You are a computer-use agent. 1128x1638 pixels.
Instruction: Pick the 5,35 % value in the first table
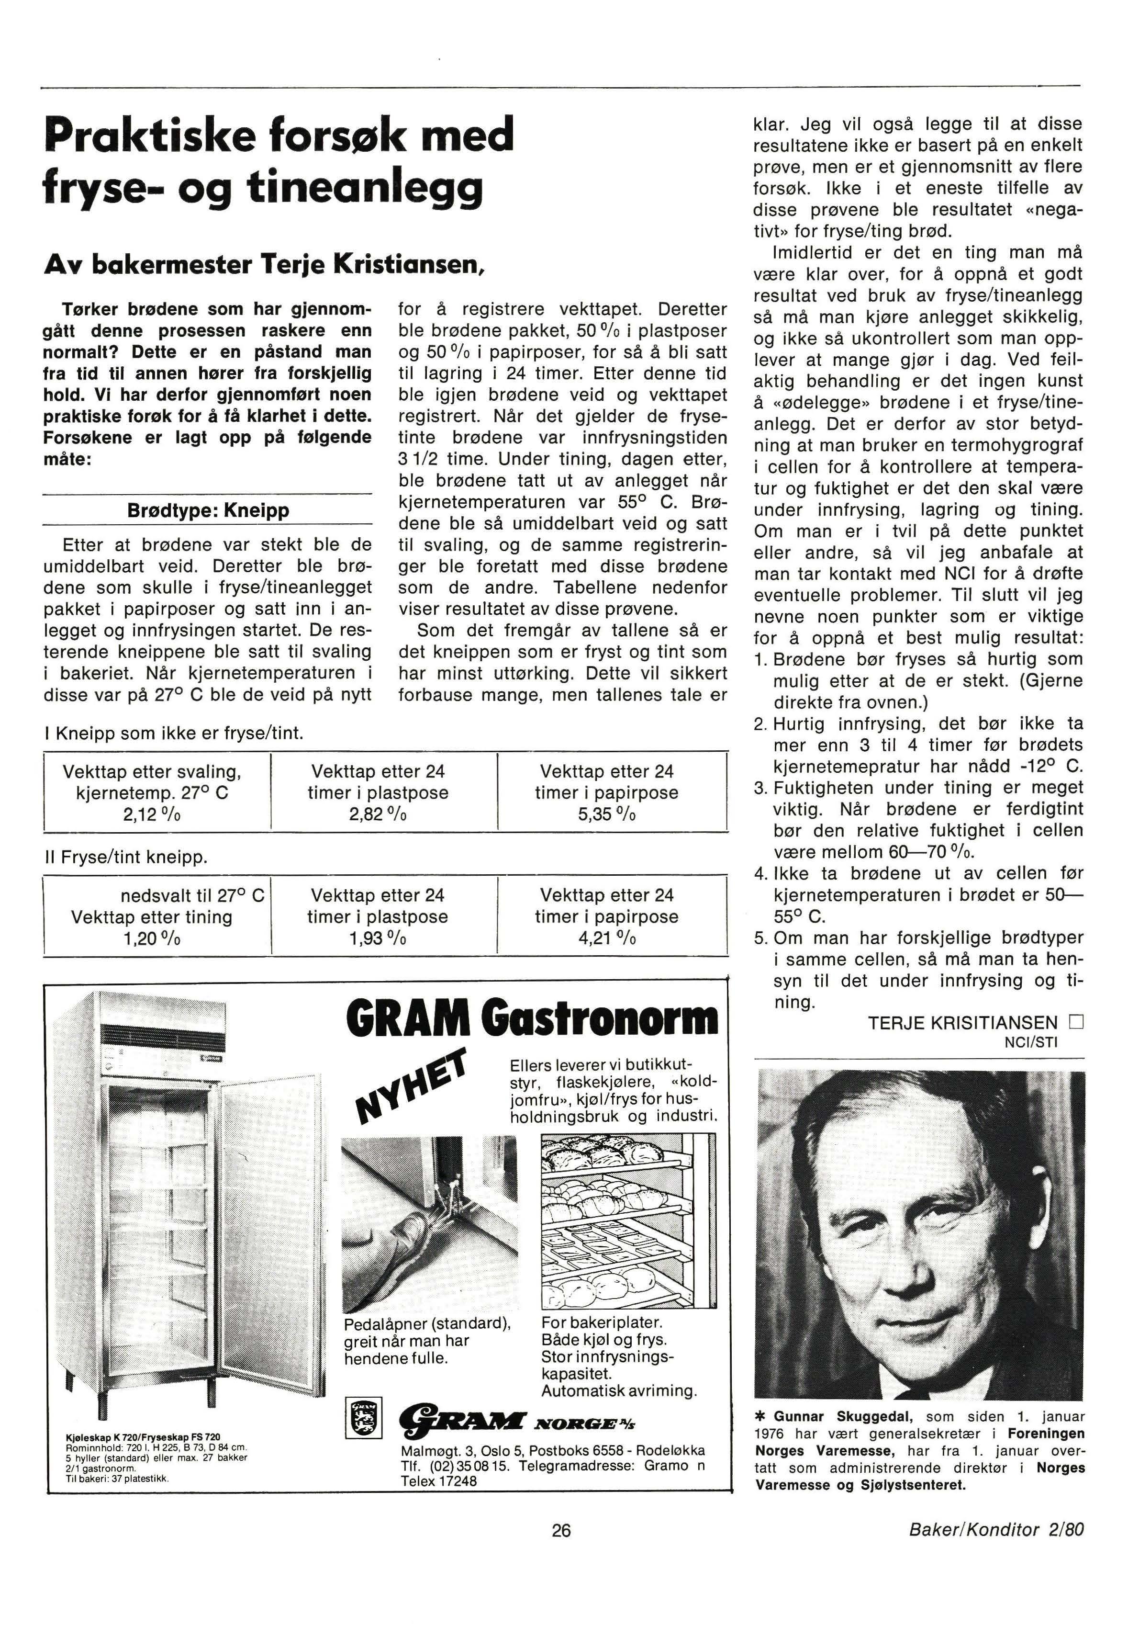(606, 814)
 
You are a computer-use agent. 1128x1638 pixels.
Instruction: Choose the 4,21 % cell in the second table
(606, 939)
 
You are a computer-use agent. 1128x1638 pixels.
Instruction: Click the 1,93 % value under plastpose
(378, 939)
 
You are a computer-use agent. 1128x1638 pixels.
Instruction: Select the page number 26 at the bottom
(561, 1531)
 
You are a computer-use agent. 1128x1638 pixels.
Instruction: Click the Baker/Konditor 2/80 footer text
(996, 1531)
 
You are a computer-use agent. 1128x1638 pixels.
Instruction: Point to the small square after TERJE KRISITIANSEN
(1076, 1022)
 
